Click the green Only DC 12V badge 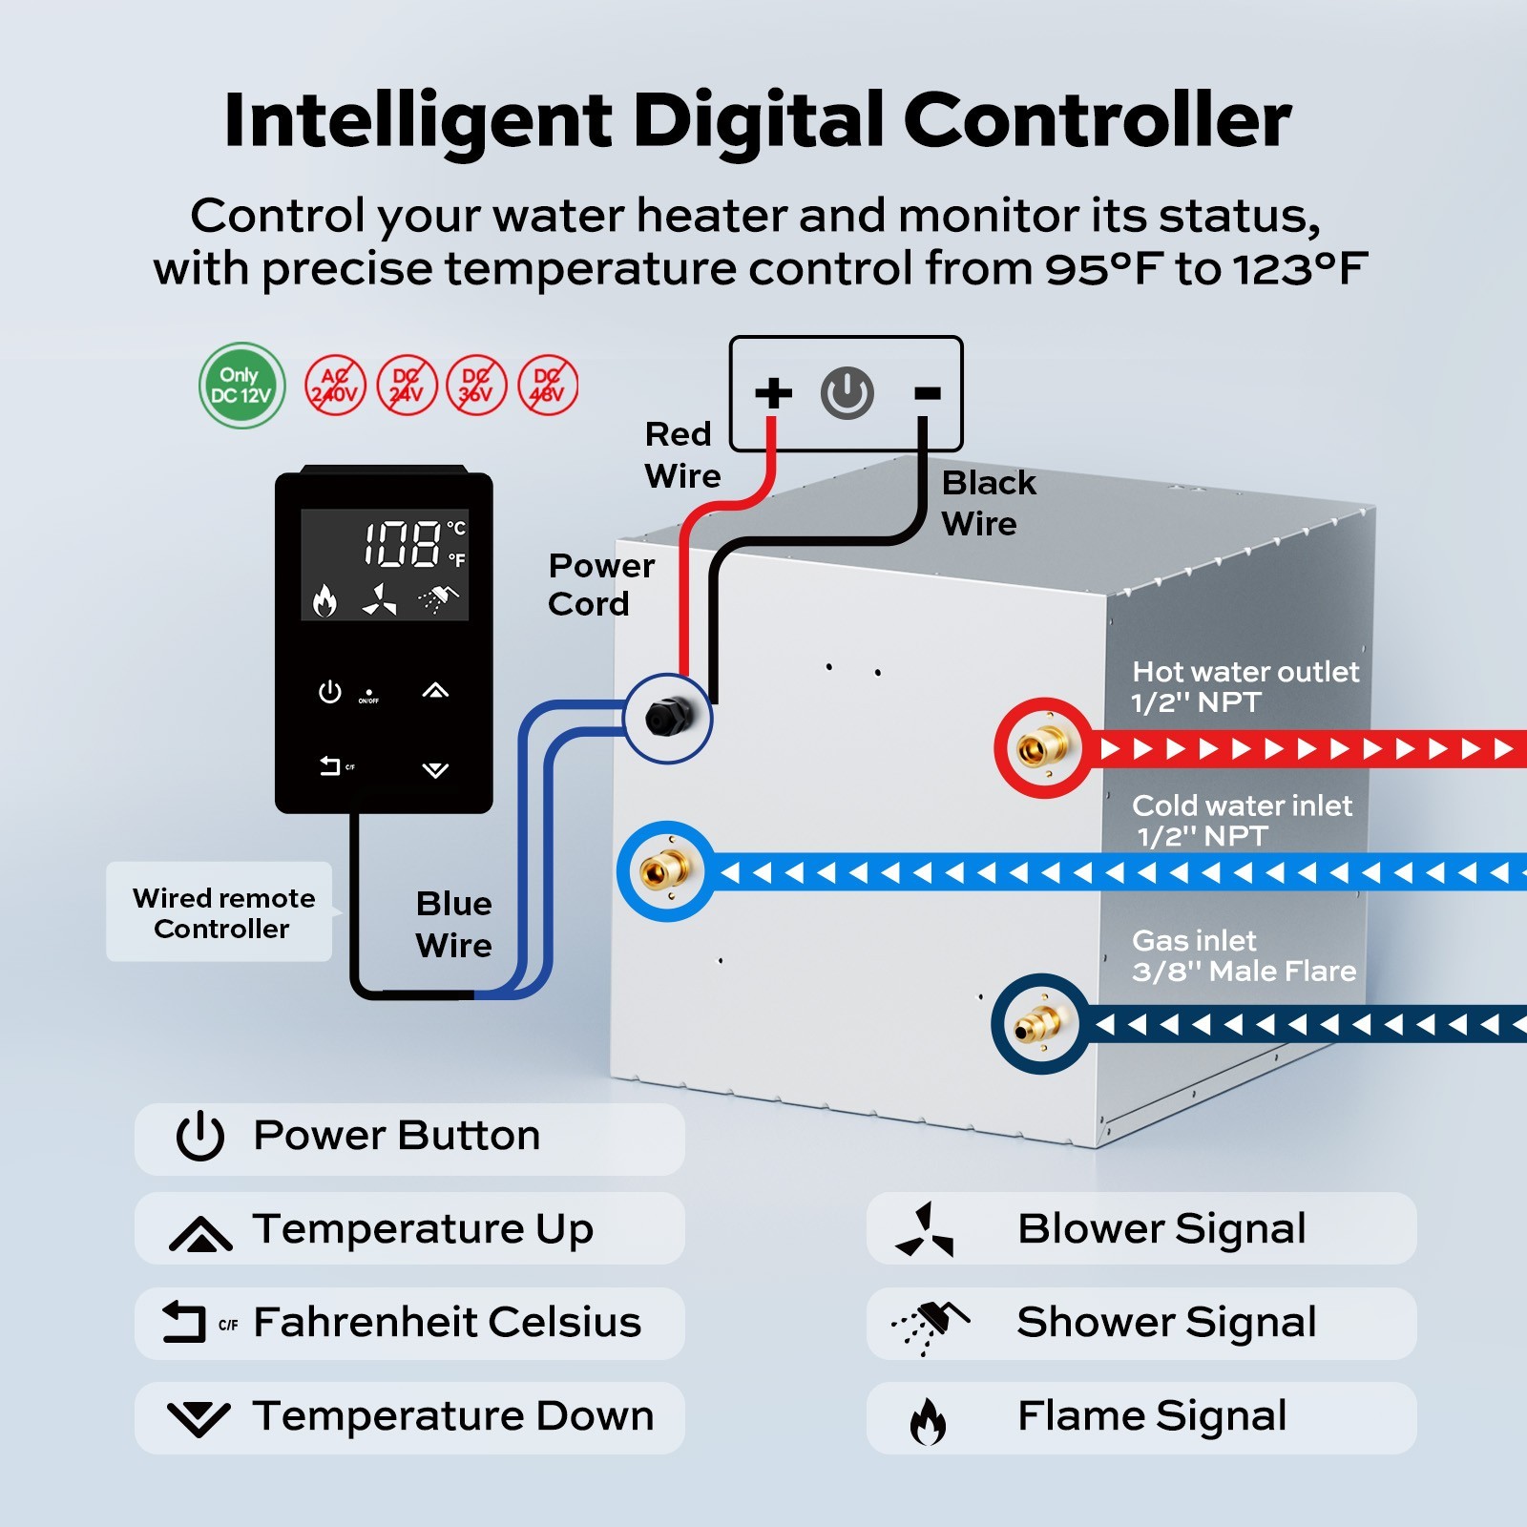[241, 386]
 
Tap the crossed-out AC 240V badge [335, 386]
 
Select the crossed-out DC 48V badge [548, 386]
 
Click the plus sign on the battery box [773, 392]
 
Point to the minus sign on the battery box [927, 392]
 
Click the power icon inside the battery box [847, 392]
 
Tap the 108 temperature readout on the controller [402, 545]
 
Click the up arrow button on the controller [435, 691]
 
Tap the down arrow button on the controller [435, 769]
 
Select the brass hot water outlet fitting [1042, 748]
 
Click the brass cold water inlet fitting [666, 870]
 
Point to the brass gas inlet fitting [1039, 1025]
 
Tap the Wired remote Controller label [221, 912]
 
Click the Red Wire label [680, 455]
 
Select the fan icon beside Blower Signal [924, 1230]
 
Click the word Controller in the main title [1097, 121]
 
